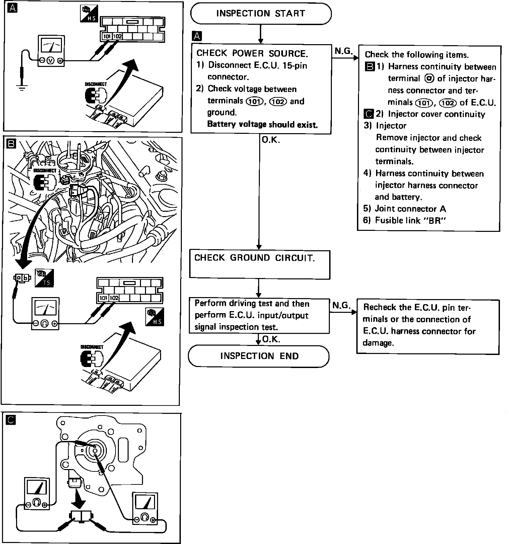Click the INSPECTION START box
pyautogui.click(x=261, y=14)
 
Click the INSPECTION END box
pyautogui.click(x=259, y=356)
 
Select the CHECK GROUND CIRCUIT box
pyautogui.click(x=260, y=264)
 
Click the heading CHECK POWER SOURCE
pyautogui.click(x=252, y=53)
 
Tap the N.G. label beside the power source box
pyautogui.click(x=343, y=51)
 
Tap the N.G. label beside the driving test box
pyautogui.click(x=341, y=305)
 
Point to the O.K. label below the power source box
pyautogui.click(x=271, y=140)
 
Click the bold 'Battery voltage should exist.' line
pyautogui.click(x=262, y=124)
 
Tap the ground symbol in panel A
pyautogui.click(x=22, y=88)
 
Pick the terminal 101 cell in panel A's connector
pyautogui.click(x=106, y=36)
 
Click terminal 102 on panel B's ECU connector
pyautogui.click(x=114, y=298)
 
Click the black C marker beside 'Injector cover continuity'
pyautogui.click(x=368, y=114)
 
